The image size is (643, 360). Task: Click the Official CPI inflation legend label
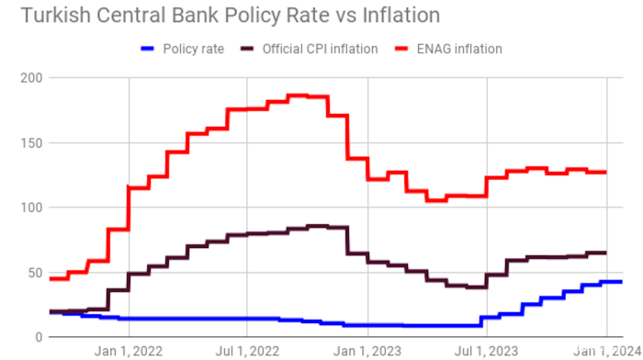click(321, 49)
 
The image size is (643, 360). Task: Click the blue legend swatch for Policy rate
click(150, 49)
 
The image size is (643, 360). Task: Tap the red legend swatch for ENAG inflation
click(405, 49)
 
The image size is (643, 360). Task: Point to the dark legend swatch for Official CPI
click(249, 49)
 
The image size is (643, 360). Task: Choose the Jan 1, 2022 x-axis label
click(129, 350)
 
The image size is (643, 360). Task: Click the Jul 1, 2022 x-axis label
click(248, 350)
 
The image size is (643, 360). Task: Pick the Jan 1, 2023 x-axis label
click(367, 350)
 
